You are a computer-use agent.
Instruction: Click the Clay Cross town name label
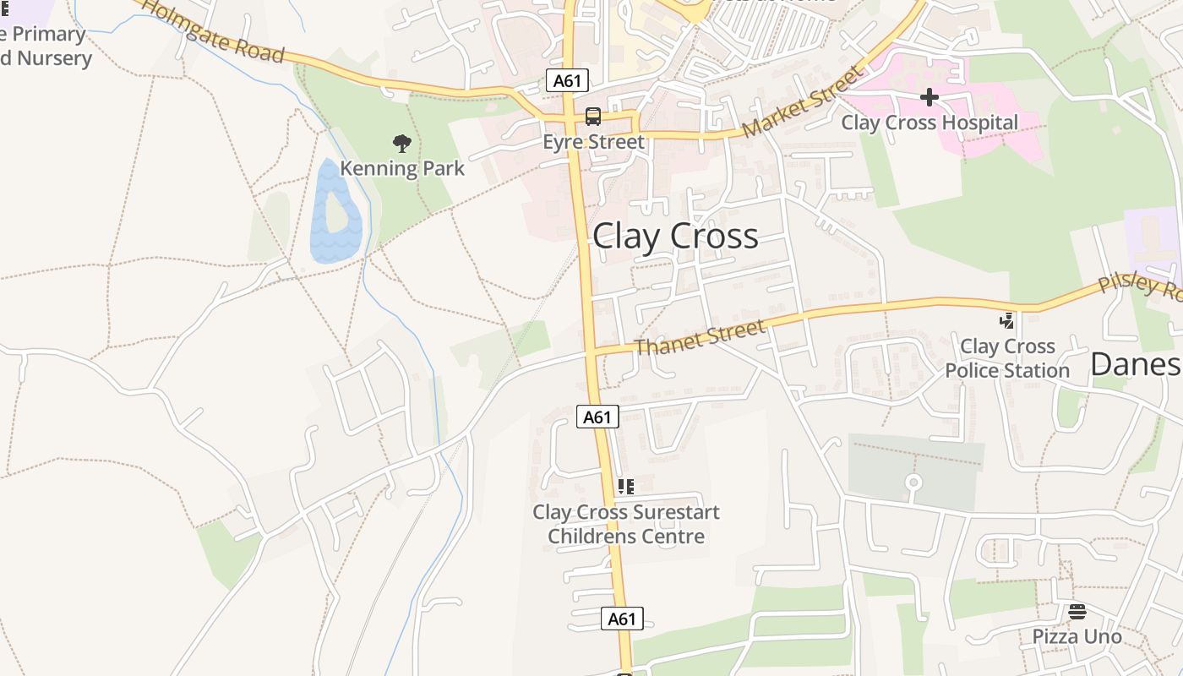(x=675, y=237)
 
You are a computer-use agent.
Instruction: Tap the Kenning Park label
(x=402, y=168)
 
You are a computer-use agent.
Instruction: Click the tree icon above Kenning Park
(x=402, y=144)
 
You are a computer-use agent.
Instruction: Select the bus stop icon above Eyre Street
(x=593, y=117)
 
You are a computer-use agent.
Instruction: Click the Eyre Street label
(x=593, y=142)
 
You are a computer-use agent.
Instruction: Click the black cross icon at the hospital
(x=929, y=97)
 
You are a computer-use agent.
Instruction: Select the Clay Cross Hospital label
(x=929, y=123)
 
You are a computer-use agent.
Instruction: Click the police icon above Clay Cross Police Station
(x=1006, y=321)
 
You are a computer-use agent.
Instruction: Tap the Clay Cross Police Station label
(x=1007, y=358)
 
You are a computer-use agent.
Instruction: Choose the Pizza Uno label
(x=1077, y=636)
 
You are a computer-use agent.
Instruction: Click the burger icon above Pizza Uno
(x=1077, y=611)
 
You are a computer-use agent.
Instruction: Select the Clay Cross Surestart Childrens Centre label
(x=626, y=524)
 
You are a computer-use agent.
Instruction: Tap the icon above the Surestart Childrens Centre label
(x=625, y=487)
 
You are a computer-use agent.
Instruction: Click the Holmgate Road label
(x=213, y=33)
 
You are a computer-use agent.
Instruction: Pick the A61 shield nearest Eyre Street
(x=567, y=81)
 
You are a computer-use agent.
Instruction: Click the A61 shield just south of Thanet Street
(x=597, y=417)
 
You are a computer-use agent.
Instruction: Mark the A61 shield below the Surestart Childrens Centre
(x=622, y=619)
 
